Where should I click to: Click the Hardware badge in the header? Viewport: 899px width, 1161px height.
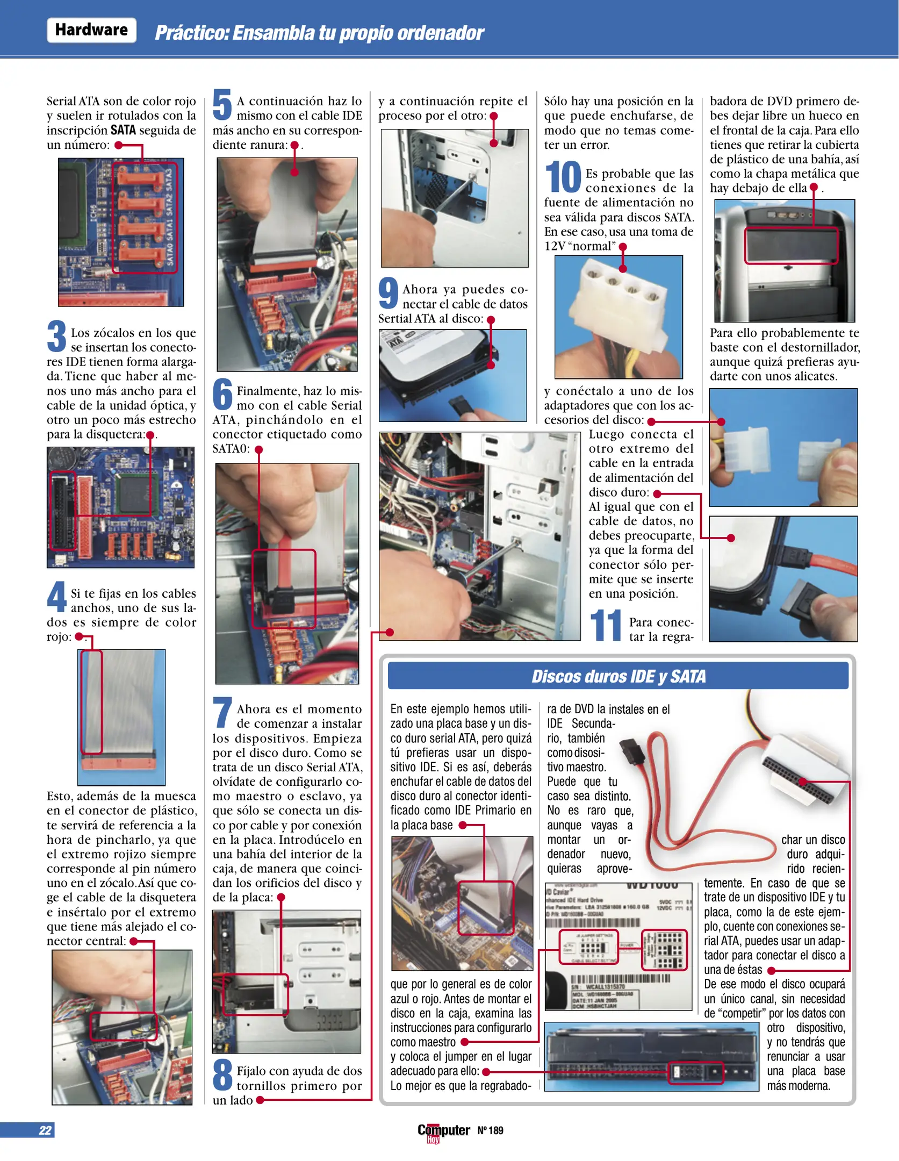pos(91,30)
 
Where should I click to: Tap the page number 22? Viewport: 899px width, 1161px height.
pos(45,1130)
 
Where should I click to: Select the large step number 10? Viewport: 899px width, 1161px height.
pos(563,177)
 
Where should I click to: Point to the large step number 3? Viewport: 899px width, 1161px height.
pos(57,335)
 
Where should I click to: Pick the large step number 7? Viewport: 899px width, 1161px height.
pos(222,712)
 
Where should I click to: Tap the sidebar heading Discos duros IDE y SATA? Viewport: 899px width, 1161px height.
pos(618,676)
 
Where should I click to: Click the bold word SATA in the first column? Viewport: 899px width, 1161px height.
pos(123,130)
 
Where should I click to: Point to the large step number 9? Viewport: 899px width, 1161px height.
pos(388,292)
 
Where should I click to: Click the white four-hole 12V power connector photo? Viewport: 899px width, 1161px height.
pos(618,317)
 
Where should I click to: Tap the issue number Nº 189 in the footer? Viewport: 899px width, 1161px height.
pos(490,1130)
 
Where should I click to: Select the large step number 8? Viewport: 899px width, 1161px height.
pos(222,1074)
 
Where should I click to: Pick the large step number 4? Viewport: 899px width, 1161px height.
pos(56,596)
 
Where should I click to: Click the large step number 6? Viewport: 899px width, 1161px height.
pos(222,393)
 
